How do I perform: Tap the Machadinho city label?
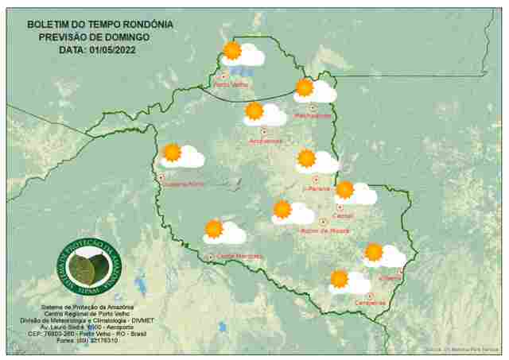pyautogui.click(x=313, y=115)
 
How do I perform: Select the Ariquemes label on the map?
pyautogui.click(x=266, y=141)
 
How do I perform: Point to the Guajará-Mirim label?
pyautogui.click(x=185, y=184)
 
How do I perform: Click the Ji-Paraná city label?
pyautogui.click(x=317, y=189)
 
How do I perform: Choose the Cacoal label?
pyautogui.click(x=344, y=215)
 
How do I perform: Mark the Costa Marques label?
pyautogui.click(x=239, y=255)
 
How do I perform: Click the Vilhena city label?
pyautogui.click(x=390, y=278)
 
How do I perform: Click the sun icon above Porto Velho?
pyautogui.click(x=232, y=51)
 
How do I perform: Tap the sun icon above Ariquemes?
pyautogui.click(x=254, y=110)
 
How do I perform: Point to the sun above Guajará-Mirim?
pyautogui.click(x=172, y=153)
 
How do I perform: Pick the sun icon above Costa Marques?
pyautogui.click(x=213, y=229)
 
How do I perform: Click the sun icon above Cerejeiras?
pyautogui.click(x=340, y=279)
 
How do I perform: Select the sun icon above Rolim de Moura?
pyautogui.click(x=282, y=209)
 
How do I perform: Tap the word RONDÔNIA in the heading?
pyautogui.click(x=147, y=25)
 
